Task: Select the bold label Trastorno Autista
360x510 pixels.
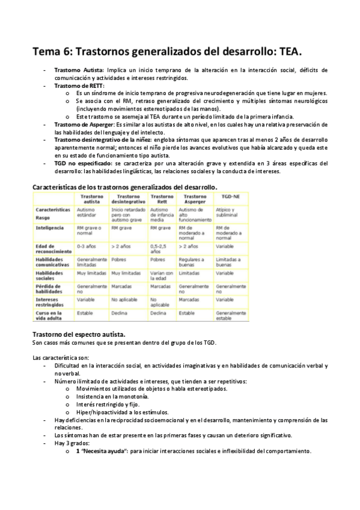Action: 79,70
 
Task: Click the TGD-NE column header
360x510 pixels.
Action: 228,197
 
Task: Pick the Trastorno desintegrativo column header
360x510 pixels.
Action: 127,199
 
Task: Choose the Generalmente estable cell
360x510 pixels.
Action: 231,316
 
